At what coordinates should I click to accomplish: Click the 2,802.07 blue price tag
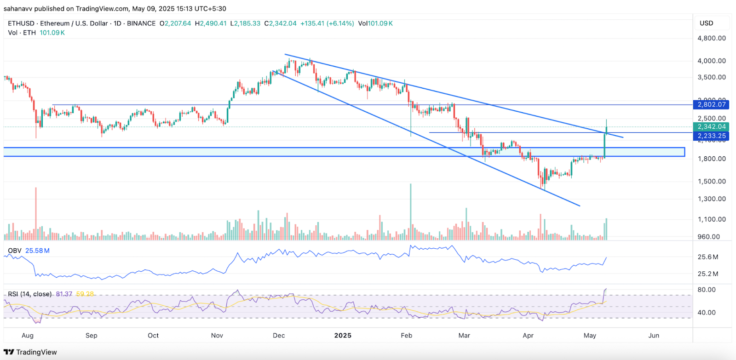[x=711, y=104]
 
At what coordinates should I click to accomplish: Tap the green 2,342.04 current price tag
[x=711, y=126]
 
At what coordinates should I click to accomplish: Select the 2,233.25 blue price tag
[x=711, y=136]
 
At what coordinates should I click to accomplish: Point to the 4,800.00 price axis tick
[x=711, y=38]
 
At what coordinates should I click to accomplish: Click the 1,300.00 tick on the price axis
[x=711, y=199]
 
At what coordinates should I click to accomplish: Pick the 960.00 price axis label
[x=708, y=237]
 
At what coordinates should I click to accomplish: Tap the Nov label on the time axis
[x=217, y=335]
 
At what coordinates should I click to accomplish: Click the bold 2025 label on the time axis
[x=343, y=335]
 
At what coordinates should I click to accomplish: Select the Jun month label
[x=653, y=335]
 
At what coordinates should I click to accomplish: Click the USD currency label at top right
[x=706, y=23]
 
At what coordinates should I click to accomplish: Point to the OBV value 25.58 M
[x=37, y=251]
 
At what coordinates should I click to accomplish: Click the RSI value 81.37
[x=64, y=294]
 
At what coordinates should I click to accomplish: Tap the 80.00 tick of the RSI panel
[x=707, y=290]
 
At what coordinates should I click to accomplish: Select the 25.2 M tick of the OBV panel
[x=707, y=274]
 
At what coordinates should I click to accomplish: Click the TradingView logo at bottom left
[x=30, y=352]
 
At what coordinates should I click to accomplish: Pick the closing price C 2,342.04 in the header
[x=280, y=23]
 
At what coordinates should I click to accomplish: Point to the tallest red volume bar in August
[x=36, y=214]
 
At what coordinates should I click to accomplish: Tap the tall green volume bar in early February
[x=411, y=211]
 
